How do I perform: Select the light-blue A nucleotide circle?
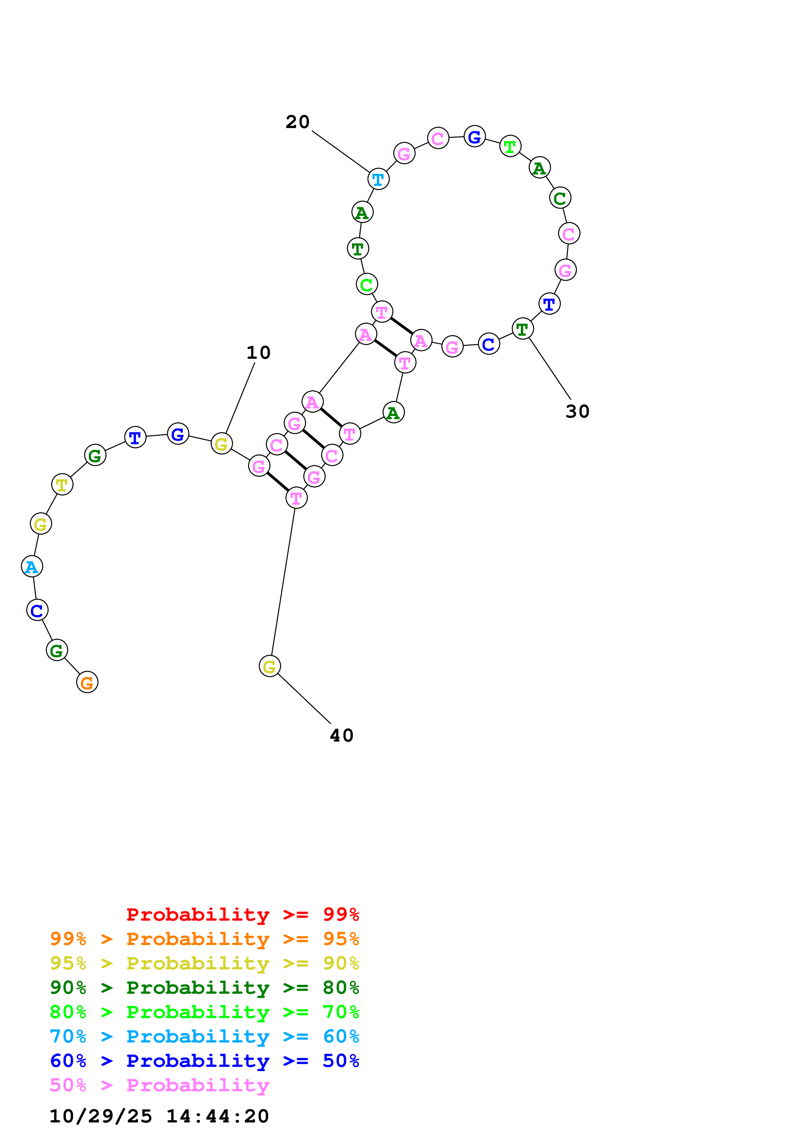pyautogui.click(x=32, y=566)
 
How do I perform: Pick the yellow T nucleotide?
pyautogui.click(x=62, y=484)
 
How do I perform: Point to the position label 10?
pyautogui.click(x=258, y=353)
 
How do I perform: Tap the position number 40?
pyautogui.click(x=342, y=735)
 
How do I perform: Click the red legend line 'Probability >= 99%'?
pyautogui.click(x=242, y=914)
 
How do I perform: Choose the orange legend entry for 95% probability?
pyautogui.click(x=204, y=939)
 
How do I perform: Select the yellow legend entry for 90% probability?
pyautogui.click(x=204, y=963)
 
